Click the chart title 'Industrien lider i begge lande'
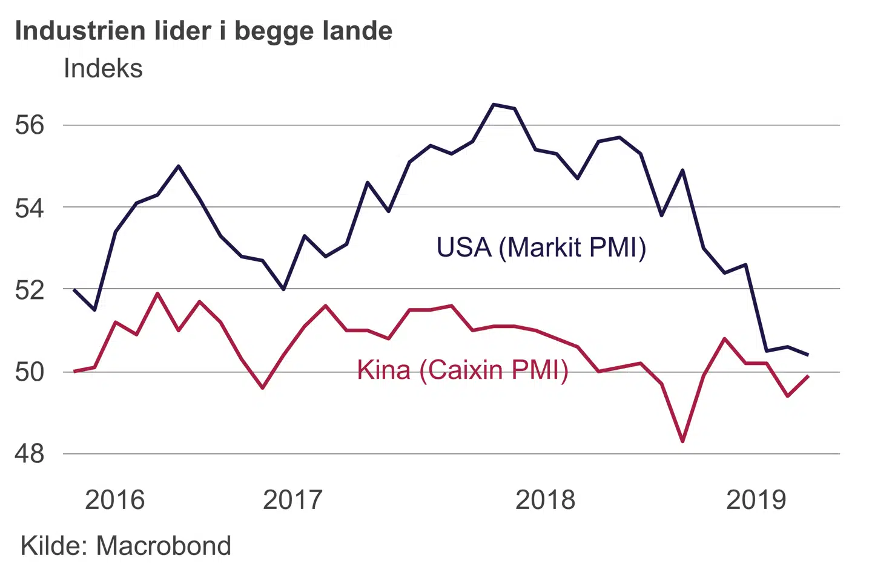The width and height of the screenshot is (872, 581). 203,31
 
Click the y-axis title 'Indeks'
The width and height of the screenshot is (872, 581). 103,68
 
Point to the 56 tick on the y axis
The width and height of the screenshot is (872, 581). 30,125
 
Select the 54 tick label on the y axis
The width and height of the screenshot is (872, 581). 30,208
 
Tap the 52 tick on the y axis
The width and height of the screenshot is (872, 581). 30,290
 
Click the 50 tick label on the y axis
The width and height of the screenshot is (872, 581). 30,372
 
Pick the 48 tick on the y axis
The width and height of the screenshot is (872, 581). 30,453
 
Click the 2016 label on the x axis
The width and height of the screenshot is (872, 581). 114,500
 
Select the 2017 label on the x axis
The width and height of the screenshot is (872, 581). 292,500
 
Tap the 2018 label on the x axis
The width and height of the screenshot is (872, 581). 545,500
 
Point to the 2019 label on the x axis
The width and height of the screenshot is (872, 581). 756,500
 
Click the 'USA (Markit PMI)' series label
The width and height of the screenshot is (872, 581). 541,248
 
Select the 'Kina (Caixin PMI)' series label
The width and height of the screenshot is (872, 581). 463,370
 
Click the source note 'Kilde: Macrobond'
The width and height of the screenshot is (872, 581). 126,546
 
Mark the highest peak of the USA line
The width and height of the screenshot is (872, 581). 494,105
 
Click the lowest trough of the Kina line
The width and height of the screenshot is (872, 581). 682,441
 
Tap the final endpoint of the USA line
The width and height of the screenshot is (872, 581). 808,355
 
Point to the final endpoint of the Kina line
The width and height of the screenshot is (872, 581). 808,376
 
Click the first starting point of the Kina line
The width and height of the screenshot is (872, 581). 74,371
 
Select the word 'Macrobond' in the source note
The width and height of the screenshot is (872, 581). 163,546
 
